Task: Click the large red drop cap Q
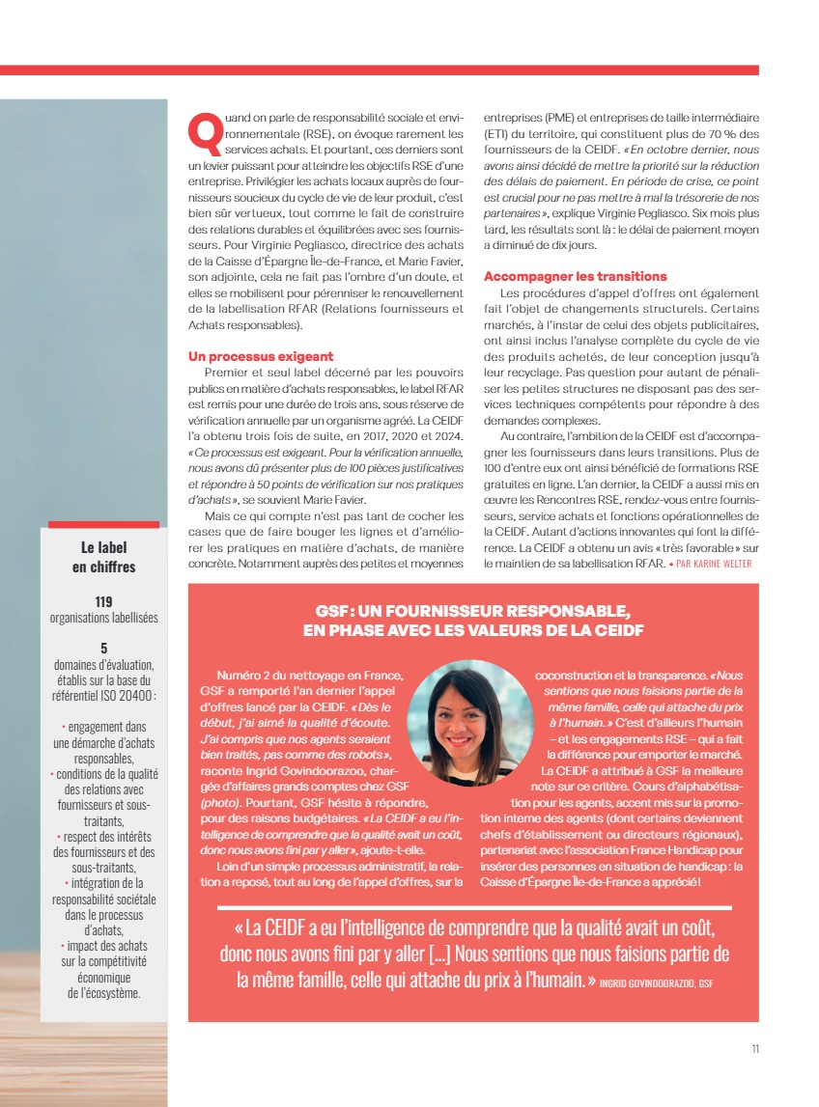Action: pos(206,133)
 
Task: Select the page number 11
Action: pos(754,1050)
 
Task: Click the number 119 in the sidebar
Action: pos(103,601)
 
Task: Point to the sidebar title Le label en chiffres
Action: pos(103,557)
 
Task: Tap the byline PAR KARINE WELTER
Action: pos(713,564)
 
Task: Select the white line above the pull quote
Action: pos(474,907)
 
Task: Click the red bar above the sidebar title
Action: pos(103,525)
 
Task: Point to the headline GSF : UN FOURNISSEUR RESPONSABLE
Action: pos(473,611)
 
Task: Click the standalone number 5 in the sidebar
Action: pos(103,649)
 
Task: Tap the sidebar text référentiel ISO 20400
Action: pos(104,695)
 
